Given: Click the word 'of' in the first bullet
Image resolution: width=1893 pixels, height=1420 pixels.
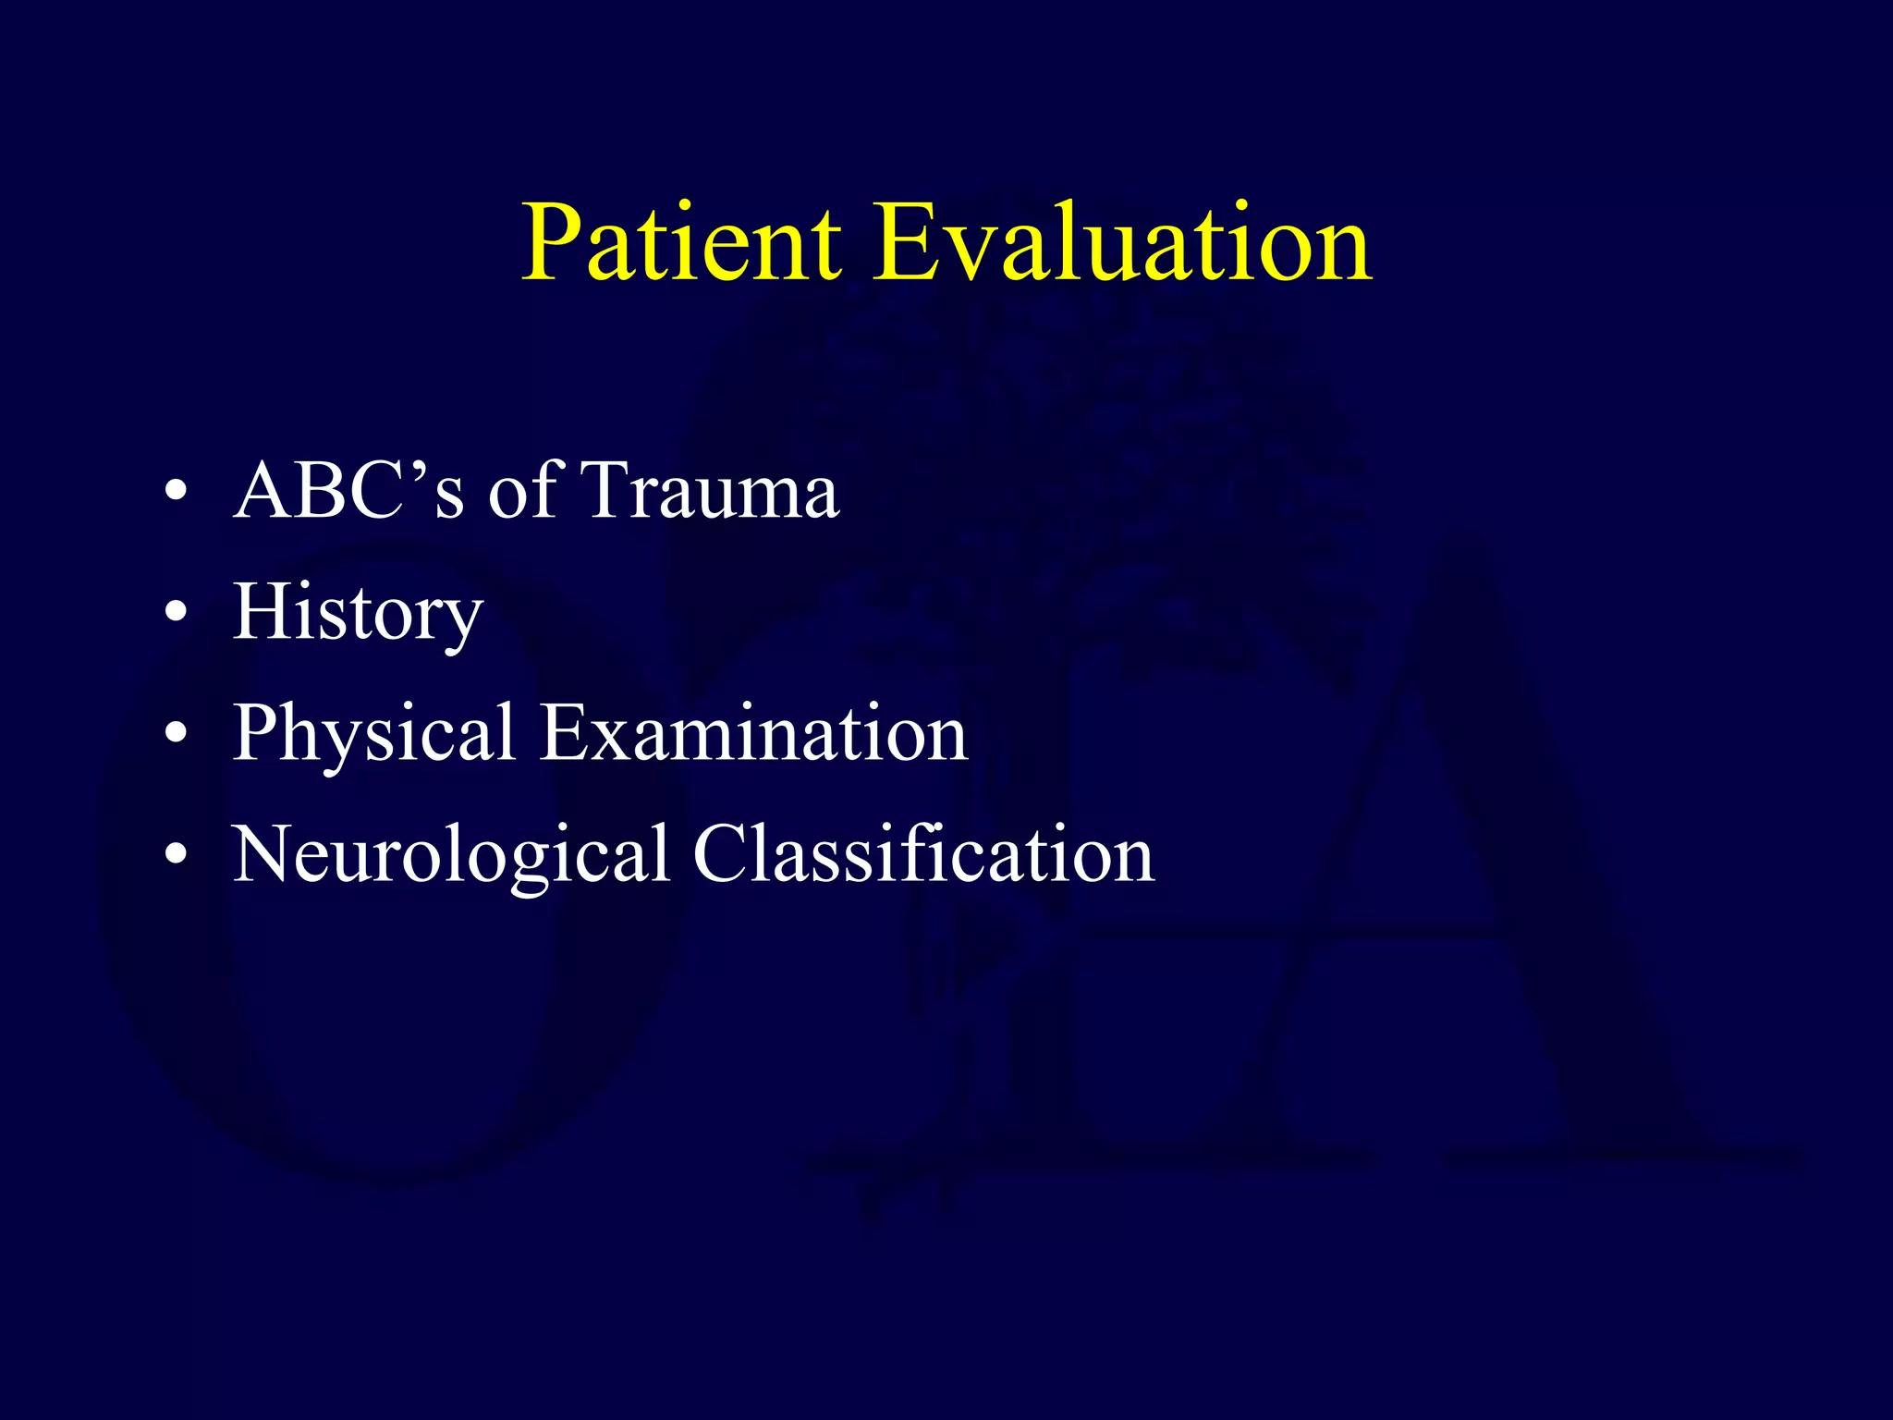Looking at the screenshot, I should (523, 491).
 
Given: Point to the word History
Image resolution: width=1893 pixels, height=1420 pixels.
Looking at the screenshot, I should (358, 613).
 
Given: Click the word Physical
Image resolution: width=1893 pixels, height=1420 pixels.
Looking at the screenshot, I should (372, 734).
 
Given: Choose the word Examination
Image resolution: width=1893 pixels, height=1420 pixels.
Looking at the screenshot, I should (753, 734).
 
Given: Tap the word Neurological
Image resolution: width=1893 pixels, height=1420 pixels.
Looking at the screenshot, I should (450, 855).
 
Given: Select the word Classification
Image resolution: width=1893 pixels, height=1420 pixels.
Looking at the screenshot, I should (923, 855).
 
